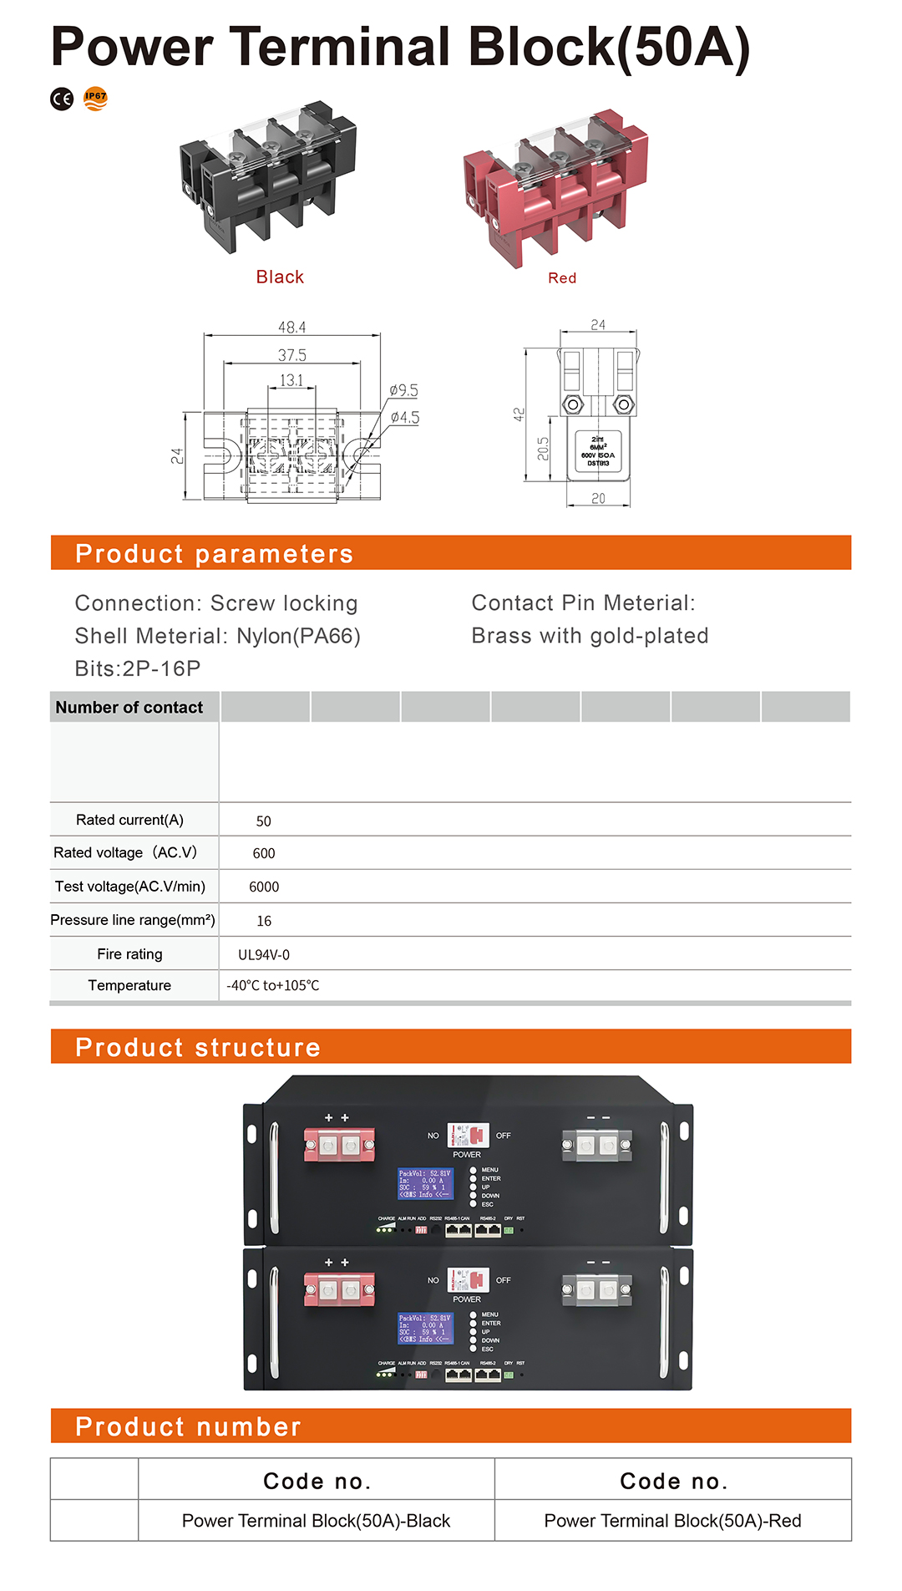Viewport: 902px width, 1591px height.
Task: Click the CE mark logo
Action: [62, 99]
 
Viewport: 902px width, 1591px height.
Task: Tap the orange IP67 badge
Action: [96, 99]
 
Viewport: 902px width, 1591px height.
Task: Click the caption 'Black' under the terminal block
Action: [280, 277]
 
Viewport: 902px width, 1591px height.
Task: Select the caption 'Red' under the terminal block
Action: [562, 277]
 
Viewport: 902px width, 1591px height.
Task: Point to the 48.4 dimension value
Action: [291, 327]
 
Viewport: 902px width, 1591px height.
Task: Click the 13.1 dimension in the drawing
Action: [291, 380]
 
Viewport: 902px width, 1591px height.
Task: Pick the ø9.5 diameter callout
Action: [403, 390]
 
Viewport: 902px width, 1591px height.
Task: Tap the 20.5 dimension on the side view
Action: [543, 449]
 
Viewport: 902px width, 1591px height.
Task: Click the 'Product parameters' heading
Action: [214, 553]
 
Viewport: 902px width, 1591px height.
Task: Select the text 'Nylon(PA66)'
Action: [298, 636]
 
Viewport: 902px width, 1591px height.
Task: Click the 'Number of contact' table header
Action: [129, 707]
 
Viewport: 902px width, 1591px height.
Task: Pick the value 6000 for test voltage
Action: [264, 887]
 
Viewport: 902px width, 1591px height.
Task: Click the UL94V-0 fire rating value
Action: [264, 954]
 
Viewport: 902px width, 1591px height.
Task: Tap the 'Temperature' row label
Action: [129, 985]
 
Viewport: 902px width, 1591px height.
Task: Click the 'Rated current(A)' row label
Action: [129, 820]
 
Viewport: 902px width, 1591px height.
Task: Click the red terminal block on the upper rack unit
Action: [339, 1144]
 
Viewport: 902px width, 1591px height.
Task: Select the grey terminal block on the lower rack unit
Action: [596, 1289]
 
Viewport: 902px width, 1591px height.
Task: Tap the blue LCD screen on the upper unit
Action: [425, 1183]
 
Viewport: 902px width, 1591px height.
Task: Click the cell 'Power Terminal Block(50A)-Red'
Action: [672, 1520]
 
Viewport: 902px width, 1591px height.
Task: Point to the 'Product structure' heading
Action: [198, 1047]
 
